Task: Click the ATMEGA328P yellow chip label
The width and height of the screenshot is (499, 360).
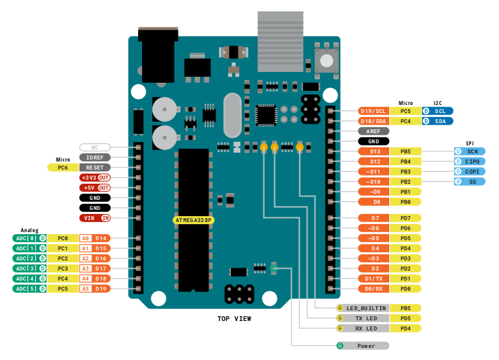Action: click(x=193, y=220)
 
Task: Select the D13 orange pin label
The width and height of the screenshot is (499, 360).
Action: click(x=375, y=151)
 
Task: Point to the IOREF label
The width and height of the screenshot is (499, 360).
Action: click(x=94, y=157)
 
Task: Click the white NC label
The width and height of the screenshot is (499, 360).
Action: click(x=94, y=147)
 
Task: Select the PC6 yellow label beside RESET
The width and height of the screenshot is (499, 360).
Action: click(x=62, y=167)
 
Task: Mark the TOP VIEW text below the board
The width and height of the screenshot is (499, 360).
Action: click(x=234, y=318)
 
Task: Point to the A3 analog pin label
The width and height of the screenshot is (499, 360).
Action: click(x=85, y=268)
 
